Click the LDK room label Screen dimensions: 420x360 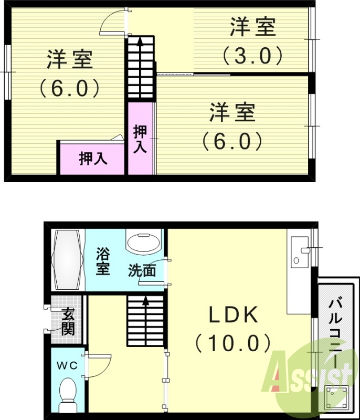pyautogui.click(x=234, y=316)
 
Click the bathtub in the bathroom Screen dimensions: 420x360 pyautogui.click(x=68, y=259)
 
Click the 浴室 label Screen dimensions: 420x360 pyautogui.click(x=103, y=262)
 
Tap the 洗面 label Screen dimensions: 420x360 pyautogui.click(x=142, y=271)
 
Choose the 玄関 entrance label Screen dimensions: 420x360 pyautogui.click(x=68, y=321)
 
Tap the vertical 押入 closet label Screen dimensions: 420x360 pyautogui.click(x=140, y=139)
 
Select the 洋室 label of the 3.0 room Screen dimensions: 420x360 pyautogui.click(x=253, y=28)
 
